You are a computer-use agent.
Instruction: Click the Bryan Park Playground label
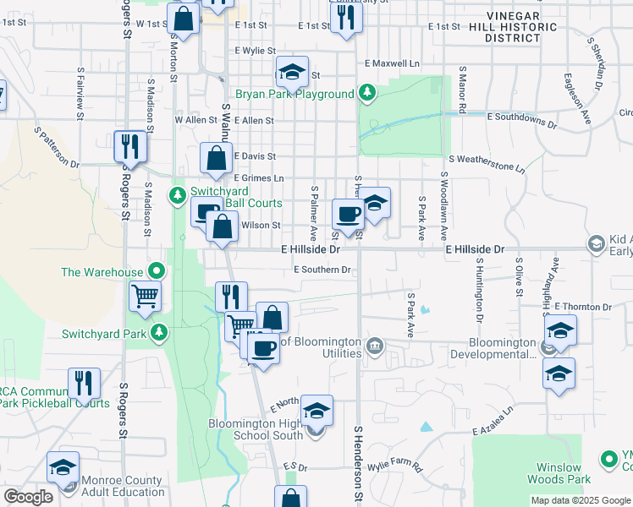tap(294, 94)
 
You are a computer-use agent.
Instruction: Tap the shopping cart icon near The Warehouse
tap(145, 297)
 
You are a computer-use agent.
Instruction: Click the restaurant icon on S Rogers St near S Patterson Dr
tap(130, 145)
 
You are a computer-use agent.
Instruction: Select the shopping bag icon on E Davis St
tap(217, 157)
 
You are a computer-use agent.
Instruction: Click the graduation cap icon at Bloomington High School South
tap(316, 412)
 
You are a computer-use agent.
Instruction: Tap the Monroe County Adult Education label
tap(123, 486)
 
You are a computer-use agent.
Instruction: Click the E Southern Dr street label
tap(322, 270)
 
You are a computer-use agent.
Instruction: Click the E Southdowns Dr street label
tap(521, 120)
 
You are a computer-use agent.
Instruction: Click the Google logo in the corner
tap(28, 497)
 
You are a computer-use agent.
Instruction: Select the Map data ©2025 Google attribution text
tap(580, 500)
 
